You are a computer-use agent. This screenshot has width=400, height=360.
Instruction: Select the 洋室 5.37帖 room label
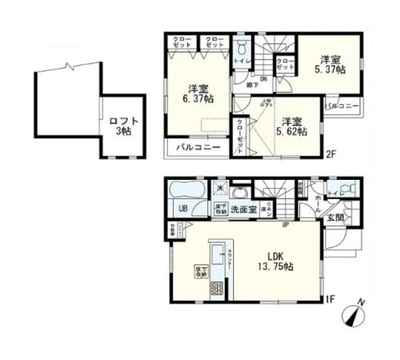(x=330, y=64)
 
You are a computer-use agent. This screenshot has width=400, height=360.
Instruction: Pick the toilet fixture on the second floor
(x=241, y=49)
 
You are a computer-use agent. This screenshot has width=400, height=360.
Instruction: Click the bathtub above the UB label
(x=186, y=189)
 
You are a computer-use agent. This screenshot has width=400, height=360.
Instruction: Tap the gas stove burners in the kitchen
(x=218, y=289)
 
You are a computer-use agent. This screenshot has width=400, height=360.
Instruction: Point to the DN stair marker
(x=264, y=79)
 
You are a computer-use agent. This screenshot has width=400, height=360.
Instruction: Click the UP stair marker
(x=285, y=224)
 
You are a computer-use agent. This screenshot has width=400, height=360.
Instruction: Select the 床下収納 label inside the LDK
(x=200, y=271)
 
